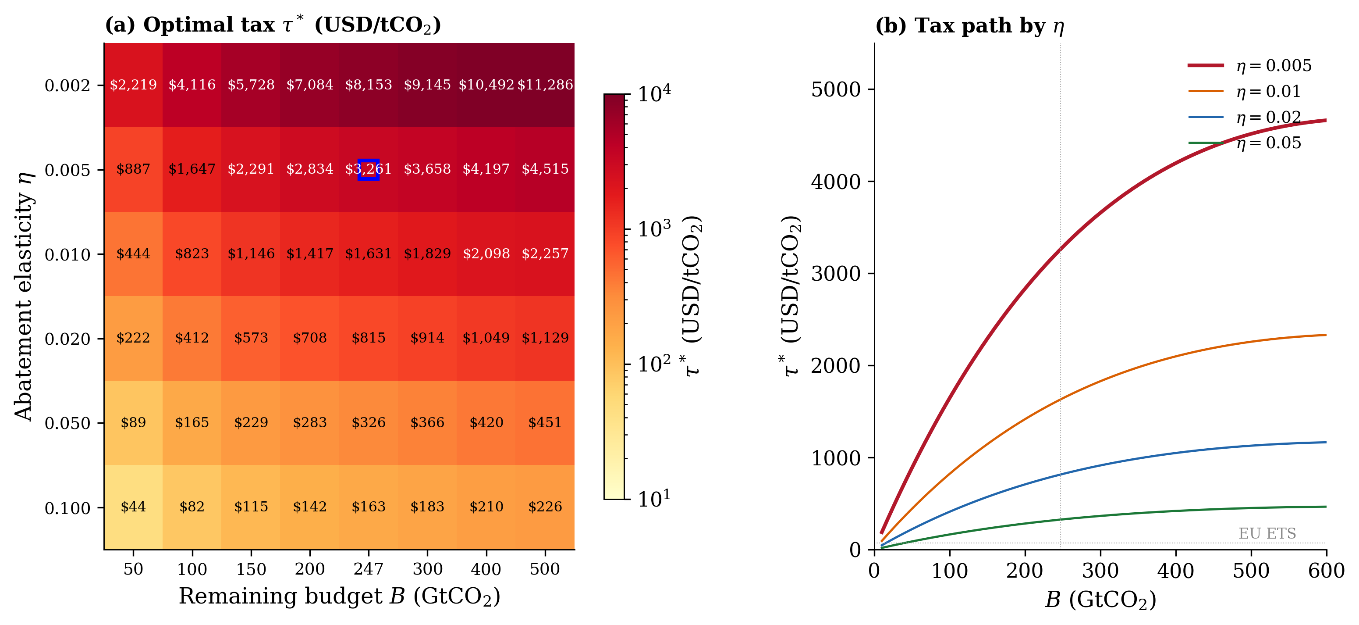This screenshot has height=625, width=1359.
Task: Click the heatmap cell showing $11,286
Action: [x=545, y=85]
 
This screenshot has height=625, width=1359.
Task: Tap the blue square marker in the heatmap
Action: [x=368, y=169]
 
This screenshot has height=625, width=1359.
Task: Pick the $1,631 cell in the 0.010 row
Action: [x=368, y=254]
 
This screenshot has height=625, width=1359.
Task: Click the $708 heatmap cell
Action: [x=310, y=338]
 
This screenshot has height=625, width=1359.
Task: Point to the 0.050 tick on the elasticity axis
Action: [x=67, y=423]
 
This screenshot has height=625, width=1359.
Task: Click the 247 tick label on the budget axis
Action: [x=368, y=569]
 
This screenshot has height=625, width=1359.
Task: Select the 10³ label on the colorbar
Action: [x=654, y=229]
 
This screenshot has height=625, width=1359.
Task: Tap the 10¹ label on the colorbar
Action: [x=654, y=498]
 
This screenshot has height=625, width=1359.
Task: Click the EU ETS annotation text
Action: [x=1267, y=533]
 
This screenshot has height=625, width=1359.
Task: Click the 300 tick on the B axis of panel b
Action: [x=1100, y=571]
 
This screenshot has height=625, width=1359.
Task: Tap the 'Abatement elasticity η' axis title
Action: [x=24, y=296]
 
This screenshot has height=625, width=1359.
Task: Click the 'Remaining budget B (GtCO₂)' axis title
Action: [x=339, y=596]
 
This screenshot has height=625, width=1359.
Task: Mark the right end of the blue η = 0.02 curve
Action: [x=1325, y=443]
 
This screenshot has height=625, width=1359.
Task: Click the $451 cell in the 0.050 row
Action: [x=545, y=422]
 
